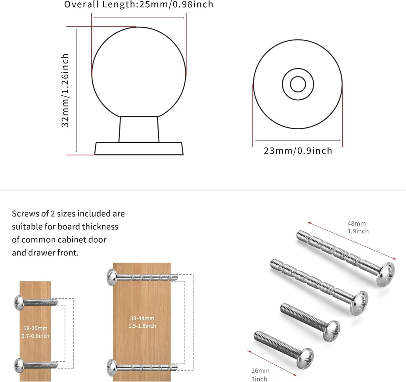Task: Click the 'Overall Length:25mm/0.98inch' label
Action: [x=139, y=5]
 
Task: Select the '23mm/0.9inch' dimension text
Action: [x=298, y=151]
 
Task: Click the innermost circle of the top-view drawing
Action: [x=298, y=84]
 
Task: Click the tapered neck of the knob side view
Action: [x=139, y=129]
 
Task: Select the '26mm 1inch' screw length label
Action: [x=260, y=375]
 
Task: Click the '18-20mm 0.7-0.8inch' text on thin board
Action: [x=35, y=332]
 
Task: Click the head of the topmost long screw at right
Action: [x=386, y=273]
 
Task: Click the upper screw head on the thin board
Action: [x=19, y=302]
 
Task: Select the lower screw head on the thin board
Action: [x=19, y=365]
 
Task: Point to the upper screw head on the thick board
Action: [x=111, y=277]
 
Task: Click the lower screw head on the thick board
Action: [x=111, y=367]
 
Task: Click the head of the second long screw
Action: [x=358, y=303]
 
